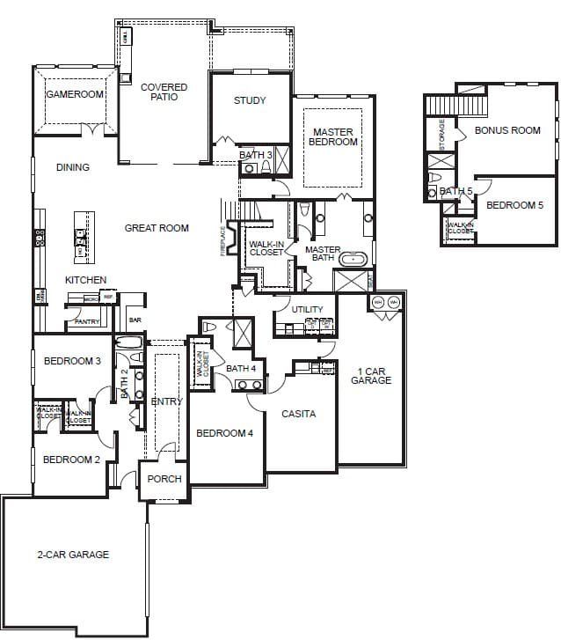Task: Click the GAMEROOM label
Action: [75, 94]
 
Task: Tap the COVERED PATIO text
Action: [164, 92]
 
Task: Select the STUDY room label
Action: [250, 100]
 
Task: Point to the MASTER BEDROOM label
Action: [334, 137]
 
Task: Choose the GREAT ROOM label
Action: [157, 228]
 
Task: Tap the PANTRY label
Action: [87, 322]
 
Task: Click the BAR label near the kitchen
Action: [135, 320]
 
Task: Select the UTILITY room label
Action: [308, 310]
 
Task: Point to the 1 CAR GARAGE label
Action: [371, 375]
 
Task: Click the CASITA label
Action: [299, 414]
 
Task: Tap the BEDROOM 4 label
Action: [224, 433]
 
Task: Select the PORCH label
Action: [164, 479]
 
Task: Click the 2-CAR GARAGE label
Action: [73, 555]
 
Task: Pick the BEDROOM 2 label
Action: [70, 460]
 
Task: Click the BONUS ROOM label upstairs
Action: [507, 130]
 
